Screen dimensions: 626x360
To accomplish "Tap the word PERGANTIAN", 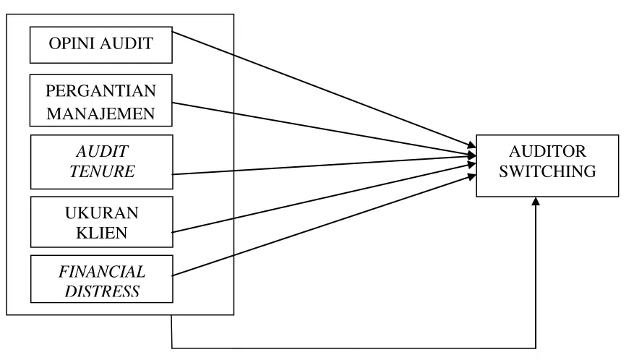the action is tap(101, 91).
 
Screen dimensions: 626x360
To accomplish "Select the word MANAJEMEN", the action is tap(101, 113).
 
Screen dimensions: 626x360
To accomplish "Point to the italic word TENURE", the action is tap(102, 171).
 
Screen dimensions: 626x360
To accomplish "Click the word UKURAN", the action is tap(102, 213).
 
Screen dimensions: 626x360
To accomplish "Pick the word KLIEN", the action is tap(102, 233).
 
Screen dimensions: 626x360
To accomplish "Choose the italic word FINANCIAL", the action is tap(102, 272).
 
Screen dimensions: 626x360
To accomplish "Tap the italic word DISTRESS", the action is tap(102, 291).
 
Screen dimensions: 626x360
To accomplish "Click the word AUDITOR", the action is tap(547, 152).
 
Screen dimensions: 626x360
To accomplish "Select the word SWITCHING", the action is tap(547, 171).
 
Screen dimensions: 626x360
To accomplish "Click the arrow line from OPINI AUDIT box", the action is tap(324, 90).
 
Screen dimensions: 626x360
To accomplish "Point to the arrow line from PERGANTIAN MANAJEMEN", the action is tap(324, 129).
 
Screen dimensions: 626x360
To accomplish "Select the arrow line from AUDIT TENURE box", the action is tap(324, 166).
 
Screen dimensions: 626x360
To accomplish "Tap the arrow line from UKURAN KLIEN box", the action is tap(324, 197).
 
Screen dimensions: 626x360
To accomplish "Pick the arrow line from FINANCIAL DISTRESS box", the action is tap(324, 225).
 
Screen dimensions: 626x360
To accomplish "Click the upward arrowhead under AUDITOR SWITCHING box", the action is tap(536, 201).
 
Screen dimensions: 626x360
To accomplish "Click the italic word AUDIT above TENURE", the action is tap(102, 152).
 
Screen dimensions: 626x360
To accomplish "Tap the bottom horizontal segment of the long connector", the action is tap(353, 348).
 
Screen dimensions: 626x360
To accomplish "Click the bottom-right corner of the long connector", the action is tap(536, 348).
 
